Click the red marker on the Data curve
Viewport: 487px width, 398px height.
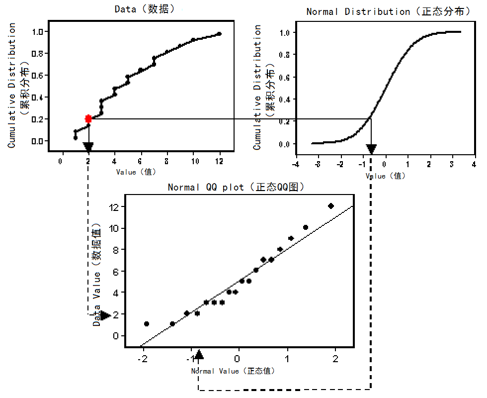pyautogui.click(x=88, y=118)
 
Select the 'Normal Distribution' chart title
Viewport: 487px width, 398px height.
pyautogui.click(x=388, y=11)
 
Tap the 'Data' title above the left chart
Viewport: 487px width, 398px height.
pyautogui.click(x=145, y=9)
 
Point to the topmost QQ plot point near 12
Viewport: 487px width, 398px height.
pyautogui.click(x=331, y=205)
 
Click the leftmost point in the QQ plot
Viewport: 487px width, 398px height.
pyautogui.click(x=147, y=324)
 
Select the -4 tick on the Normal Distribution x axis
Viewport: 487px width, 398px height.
pyautogui.click(x=296, y=164)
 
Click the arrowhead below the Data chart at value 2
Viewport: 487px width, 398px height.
pyautogui.click(x=88, y=147)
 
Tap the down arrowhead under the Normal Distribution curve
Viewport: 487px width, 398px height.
pyautogui.click(x=371, y=149)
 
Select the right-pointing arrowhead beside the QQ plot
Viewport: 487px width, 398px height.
pyautogui.click(x=105, y=315)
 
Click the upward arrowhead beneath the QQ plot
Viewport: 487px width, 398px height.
pyautogui.click(x=199, y=354)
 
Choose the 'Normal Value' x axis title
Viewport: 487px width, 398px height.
pyautogui.click(x=233, y=371)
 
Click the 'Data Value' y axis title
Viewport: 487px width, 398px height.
pyautogui.click(x=97, y=277)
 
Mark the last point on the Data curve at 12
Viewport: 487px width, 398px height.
pyautogui.click(x=219, y=34)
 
